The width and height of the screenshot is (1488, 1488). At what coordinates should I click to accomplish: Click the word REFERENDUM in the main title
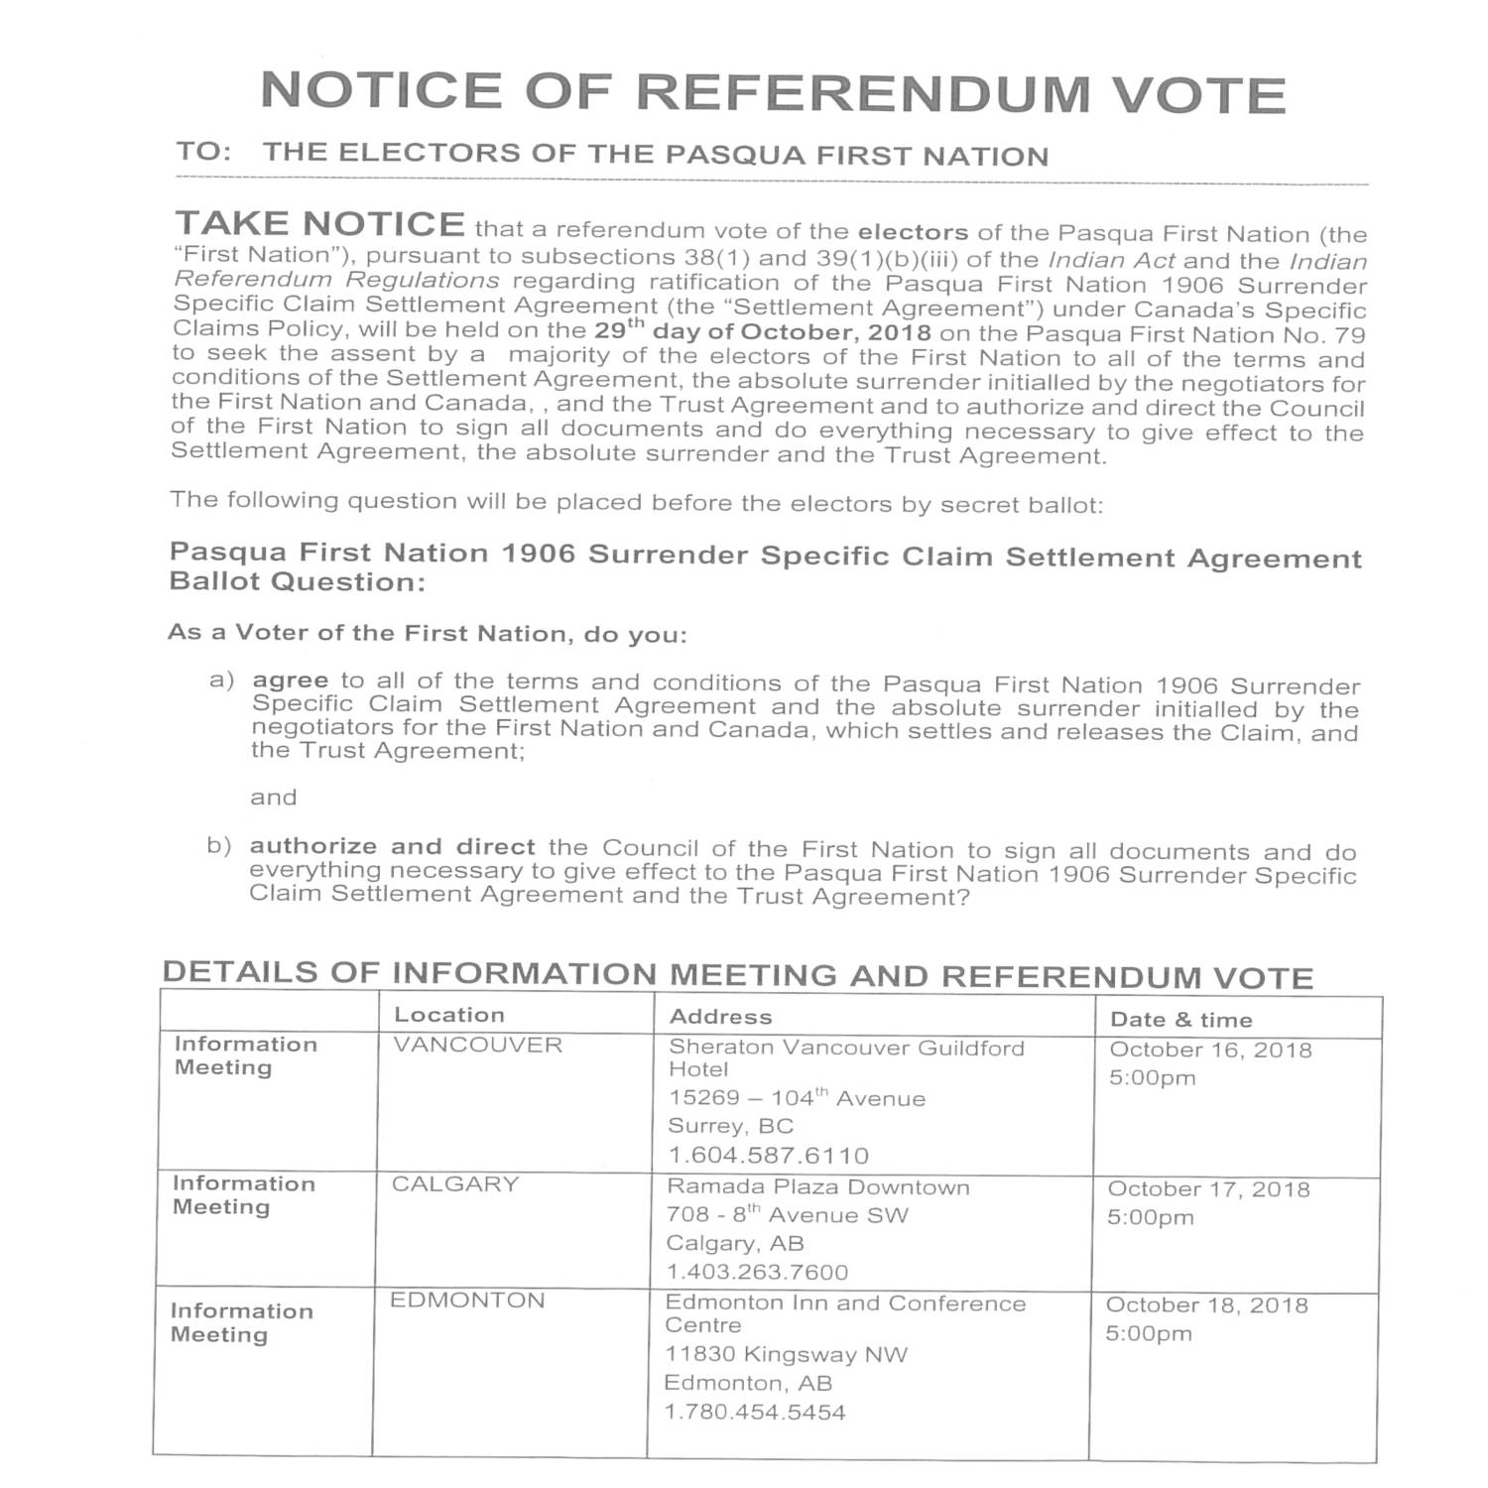click(x=864, y=92)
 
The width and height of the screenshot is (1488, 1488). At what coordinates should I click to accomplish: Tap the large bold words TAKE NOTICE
click(x=319, y=224)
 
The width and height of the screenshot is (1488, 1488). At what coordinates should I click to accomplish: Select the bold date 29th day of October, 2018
click(x=763, y=331)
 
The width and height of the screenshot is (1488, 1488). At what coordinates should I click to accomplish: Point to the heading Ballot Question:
click(x=298, y=582)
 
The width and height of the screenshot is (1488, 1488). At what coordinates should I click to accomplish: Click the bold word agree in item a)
click(x=290, y=681)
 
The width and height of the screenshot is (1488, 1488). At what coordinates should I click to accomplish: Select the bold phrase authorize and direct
click(x=392, y=847)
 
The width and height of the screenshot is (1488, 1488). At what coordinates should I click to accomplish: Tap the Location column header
click(x=449, y=1015)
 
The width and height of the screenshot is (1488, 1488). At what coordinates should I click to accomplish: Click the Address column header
click(x=720, y=1017)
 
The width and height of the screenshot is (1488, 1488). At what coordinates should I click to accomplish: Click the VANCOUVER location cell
click(x=477, y=1046)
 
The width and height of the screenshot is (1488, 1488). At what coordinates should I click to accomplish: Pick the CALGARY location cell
click(x=455, y=1184)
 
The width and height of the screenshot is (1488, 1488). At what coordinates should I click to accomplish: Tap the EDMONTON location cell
click(x=467, y=1301)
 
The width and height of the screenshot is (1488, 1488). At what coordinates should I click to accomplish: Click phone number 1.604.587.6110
click(x=768, y=1156)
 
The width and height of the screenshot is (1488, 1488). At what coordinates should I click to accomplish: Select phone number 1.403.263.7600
click(x=757, y=1272)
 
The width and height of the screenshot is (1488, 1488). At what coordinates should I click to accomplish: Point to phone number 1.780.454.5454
click(x=755, y=1412)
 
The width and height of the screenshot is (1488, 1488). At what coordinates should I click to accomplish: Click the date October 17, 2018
click(x=1208, y=1189)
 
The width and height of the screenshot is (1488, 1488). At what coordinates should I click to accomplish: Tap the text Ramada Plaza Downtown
click(x=817, y=1187)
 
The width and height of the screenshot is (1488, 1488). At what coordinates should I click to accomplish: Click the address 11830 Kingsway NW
click(x=786, y=1354)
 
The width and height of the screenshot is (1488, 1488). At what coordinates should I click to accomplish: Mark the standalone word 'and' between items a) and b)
click(x=274, y=798)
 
